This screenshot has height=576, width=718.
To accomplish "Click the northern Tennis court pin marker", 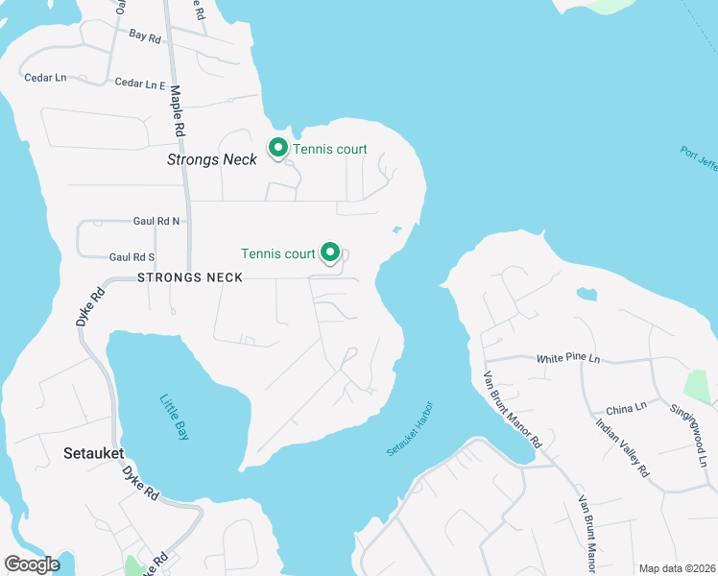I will (278, 148).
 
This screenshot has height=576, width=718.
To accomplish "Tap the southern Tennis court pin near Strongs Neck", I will (330, 252).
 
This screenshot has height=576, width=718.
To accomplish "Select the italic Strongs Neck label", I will (212, 159).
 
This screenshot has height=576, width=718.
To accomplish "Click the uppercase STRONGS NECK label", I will (190, 277).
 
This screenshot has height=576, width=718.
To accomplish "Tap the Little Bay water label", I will (174, 418).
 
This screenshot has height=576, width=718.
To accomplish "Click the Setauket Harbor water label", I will (411, 429).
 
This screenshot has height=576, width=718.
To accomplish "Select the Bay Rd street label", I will (144, 36).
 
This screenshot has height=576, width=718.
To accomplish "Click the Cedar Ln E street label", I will (141, 84).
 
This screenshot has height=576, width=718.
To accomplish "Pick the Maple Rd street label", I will (177, 109).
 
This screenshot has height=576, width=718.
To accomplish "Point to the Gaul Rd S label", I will (132, 257).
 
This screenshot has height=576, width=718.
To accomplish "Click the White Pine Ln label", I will (567, 358).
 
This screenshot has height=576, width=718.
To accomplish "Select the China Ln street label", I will (627, 409).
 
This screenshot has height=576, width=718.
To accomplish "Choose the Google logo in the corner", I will (32, 564).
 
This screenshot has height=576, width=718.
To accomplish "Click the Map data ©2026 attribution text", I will (678, 568).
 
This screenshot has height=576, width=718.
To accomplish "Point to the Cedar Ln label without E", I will (45, 78).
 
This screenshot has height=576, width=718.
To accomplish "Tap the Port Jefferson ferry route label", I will (699, 163).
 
